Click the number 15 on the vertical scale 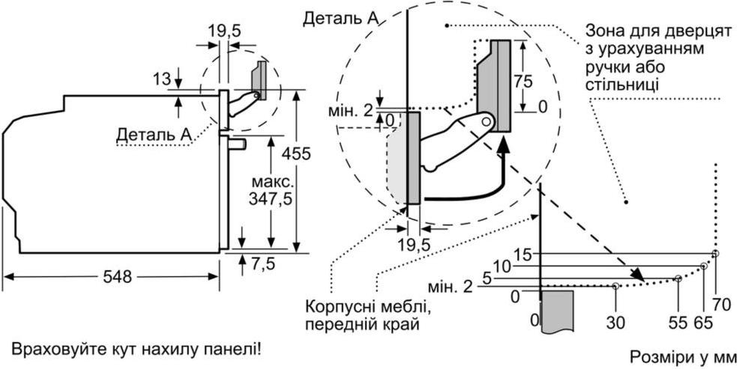pos(523,254)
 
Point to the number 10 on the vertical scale pos(502,266)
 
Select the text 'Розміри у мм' pos(682,355)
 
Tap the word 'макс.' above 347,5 pos(272,183)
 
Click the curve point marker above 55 pos(678,278)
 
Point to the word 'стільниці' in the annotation pos(622,82)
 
